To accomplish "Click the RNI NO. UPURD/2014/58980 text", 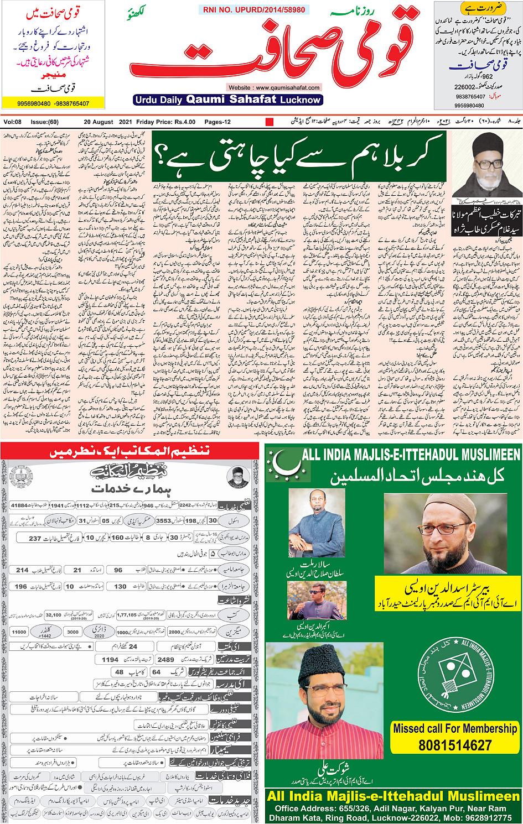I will (254, 10).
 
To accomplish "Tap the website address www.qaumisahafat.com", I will (274, 87).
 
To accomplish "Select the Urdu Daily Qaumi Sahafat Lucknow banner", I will (228, 100).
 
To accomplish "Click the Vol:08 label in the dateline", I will (12, 122).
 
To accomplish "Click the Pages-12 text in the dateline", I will (218, 122).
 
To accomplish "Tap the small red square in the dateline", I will (270, 122).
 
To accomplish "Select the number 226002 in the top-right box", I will (465, 87).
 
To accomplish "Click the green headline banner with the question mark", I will (299, 157).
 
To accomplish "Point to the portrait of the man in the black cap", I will (487, 164).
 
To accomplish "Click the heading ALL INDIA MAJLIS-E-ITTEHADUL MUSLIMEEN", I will (411, 455).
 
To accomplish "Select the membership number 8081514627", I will (455, 745).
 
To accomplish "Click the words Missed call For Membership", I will (455, 728).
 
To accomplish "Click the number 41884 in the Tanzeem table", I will (19, 505).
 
